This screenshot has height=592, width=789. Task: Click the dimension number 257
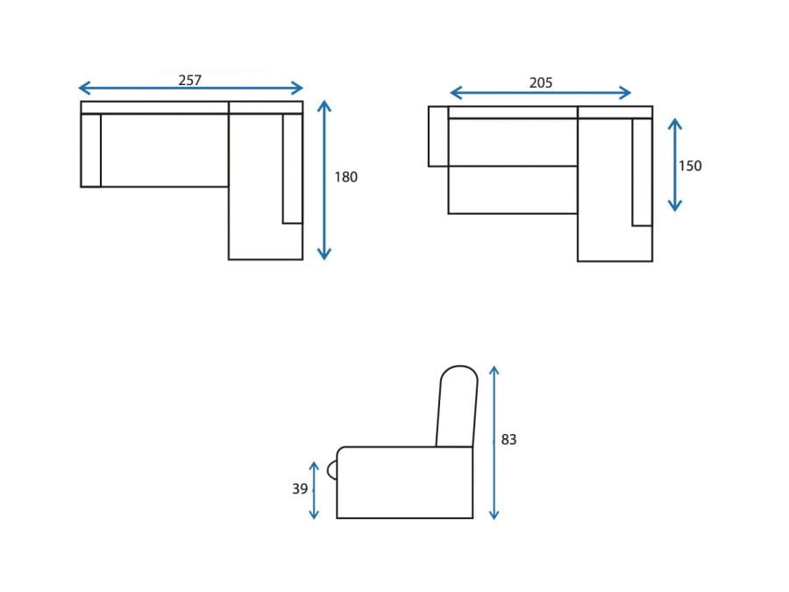[x=189, y=80]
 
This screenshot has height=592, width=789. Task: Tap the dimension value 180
[x=345, y=176]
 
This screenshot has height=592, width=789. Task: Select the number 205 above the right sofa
[x=540, y=82]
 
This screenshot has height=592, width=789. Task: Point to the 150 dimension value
[x=689, y=166]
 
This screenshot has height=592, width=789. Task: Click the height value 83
[x=508, y=439]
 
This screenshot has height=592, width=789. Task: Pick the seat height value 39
[x=300, y=489]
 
